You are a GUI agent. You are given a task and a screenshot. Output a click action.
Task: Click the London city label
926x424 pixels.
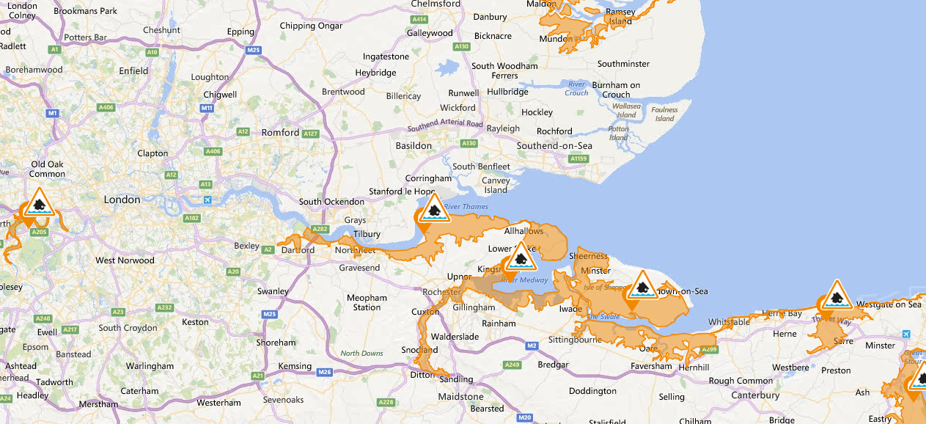122,200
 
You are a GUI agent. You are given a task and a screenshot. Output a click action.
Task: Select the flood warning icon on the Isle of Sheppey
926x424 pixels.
642,287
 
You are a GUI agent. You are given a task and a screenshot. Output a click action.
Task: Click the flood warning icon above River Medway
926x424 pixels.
521,257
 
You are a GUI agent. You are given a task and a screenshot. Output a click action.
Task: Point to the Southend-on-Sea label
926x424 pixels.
554,146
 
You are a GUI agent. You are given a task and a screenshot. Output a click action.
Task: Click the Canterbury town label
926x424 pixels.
755,395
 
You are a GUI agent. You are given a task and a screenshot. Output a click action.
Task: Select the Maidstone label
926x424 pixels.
460,397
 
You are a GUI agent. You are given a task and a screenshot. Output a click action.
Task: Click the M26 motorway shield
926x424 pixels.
325,373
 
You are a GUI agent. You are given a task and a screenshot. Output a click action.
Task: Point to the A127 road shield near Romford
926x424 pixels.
311,134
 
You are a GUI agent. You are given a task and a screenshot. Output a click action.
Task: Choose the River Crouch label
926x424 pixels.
576,89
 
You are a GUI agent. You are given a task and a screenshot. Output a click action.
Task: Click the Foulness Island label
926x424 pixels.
665,114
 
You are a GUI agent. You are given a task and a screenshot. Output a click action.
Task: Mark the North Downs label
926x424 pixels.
361,354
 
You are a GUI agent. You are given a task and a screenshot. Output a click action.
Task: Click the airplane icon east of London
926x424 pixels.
207,200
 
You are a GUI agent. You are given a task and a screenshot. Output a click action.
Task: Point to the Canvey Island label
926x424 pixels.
496,186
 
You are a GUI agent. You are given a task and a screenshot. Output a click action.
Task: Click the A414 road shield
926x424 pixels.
419,19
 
